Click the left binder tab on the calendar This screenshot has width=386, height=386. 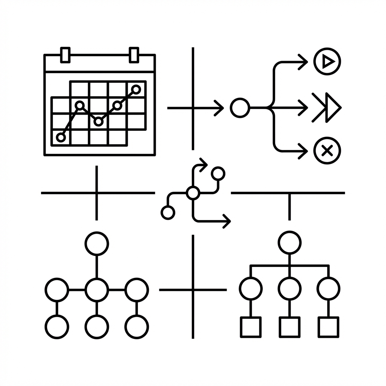tap(65, 54)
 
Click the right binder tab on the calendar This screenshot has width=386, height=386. tap(134, 54)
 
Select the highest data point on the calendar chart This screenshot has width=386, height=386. tap(136, 89)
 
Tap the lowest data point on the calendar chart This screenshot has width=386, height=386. tap(61, 137)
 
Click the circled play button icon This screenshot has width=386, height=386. tap(327, 61)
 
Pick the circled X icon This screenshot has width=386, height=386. tap(327, 151)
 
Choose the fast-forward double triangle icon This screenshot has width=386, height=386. tap(326, 108)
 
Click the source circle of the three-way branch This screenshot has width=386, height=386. tap(240, 108)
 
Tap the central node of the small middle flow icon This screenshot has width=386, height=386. tap(193, 193)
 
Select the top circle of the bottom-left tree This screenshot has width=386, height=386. tap(97, 244)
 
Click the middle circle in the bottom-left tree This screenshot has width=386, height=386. tap(97, 290)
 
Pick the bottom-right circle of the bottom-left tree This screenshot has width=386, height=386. tap(136, 326)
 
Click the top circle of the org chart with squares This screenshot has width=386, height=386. tap(289, 242)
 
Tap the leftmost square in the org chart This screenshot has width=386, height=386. tap(251, 327)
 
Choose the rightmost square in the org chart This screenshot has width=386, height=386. tap(328, 327)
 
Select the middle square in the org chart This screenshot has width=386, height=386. tap(289, 327)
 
